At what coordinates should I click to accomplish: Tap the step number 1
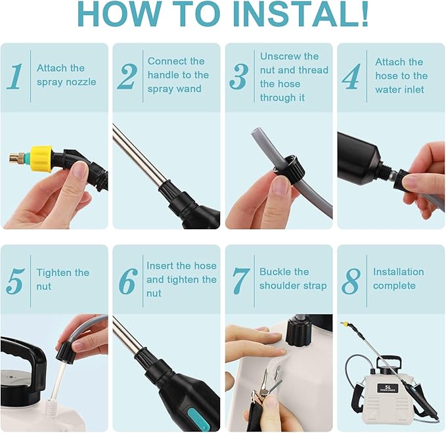[14, 76]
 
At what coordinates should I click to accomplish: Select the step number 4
[351, 77]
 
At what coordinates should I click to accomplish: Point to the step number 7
[240, 280]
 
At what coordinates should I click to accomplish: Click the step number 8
[351, 281]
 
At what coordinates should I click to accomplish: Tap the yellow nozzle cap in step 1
[41, 158]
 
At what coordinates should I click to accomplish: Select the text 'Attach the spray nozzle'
[66, 75]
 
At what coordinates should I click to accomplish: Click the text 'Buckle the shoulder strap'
[292, 279]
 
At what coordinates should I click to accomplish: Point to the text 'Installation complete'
[398, 279]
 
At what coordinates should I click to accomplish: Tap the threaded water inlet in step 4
[384, 173]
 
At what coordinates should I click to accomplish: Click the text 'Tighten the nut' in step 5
[62, 279]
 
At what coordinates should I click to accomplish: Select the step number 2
[127, 77]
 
